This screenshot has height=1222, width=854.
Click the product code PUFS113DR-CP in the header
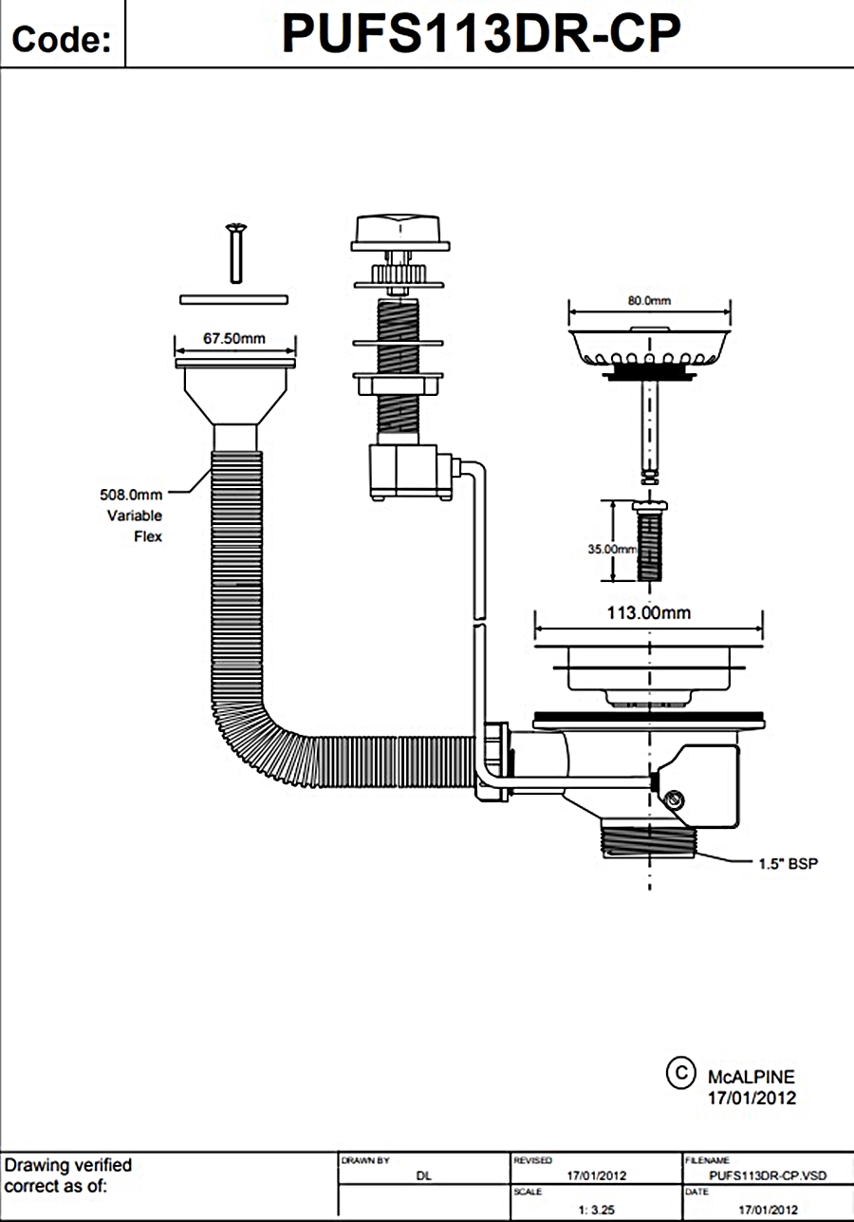[x=481, y=36]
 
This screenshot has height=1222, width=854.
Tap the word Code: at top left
[x=62, y=40]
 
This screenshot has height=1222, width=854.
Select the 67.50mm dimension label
[x=234, y=337]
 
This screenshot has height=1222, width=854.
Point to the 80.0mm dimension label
[x=649, y=300]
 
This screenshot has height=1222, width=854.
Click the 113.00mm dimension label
[x=649, y=612]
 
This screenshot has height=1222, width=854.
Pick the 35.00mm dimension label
[x=611, y=549]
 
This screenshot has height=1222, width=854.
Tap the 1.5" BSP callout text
[x=788, y=863]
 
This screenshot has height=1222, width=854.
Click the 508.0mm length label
[x=131, y=495]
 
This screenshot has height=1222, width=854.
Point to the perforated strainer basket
[x=649, y=348]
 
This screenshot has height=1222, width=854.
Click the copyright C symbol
[x=679, y=1072]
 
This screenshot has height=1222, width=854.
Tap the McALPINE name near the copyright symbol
[x=752, y=1077]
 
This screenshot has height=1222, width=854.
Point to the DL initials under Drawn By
[x=424, y=1175]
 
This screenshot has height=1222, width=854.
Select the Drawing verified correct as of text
[x=68, y=1175]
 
